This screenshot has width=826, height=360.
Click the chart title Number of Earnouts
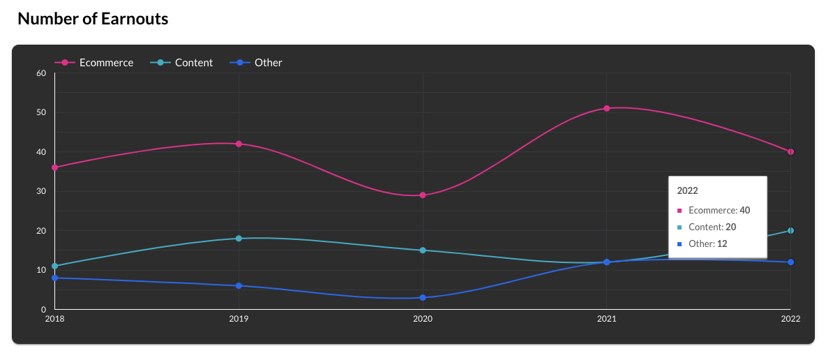pos(93,19)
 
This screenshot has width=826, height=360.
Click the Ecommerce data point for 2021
pos(607,108)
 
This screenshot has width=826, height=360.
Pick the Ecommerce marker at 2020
pos(423,195)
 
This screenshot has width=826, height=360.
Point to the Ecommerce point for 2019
pos(239,144)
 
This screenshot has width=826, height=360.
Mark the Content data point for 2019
pos(239,239)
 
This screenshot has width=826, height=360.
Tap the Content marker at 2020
pos(423,250)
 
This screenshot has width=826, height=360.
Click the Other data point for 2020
pos(423,298)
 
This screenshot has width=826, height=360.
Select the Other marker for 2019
pos(239,286)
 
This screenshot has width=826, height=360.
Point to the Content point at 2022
pos(790,231)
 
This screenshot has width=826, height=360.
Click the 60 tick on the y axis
pos(41,73)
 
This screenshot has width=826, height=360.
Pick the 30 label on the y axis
pos(41,191)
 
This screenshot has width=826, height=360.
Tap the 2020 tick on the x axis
pos(423,319)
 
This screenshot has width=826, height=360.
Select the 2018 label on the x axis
pos(54,319)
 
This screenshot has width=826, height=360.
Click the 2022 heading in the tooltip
pos(688,190)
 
